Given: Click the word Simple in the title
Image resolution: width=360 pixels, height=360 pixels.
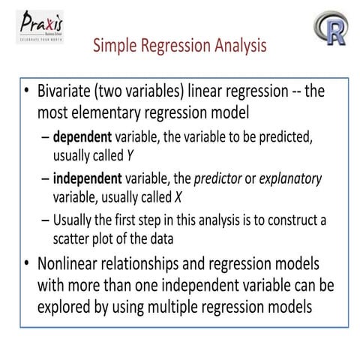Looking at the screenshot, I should [115, 47].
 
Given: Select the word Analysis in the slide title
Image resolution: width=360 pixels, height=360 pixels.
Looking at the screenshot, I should [236, 47].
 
